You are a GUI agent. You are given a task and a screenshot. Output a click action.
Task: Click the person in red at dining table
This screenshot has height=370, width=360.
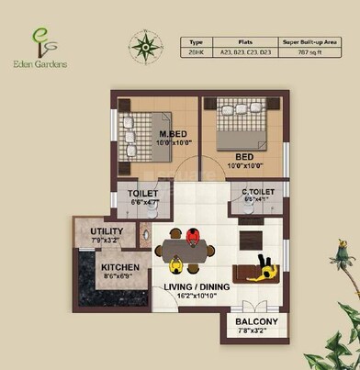[192, 236]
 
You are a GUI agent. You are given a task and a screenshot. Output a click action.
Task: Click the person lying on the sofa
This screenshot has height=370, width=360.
[264, 266]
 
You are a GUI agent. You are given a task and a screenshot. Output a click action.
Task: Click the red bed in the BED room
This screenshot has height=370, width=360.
[241, 129]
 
